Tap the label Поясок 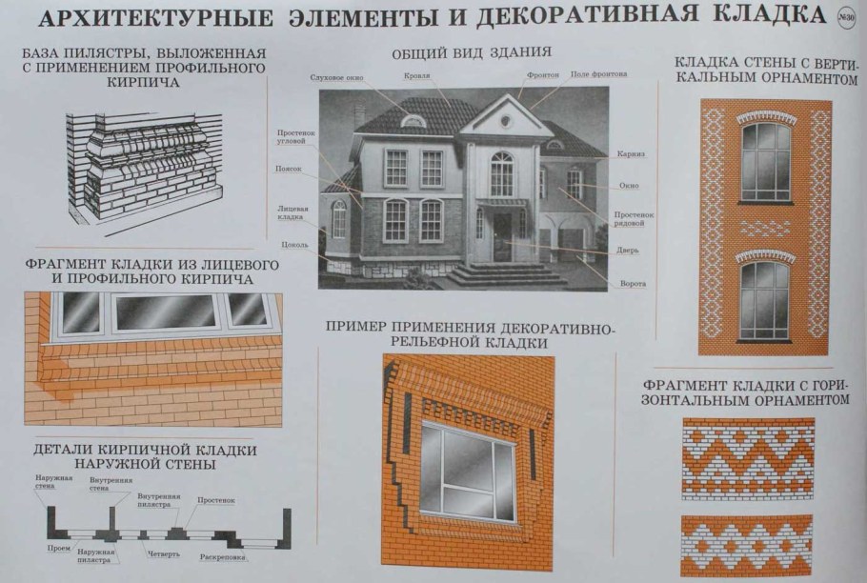pos(291,169)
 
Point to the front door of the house pos(502,236)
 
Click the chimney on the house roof pos(359,114)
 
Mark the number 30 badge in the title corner pos(845,16)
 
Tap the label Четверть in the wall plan pos(163,553)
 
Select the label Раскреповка pos(225,555)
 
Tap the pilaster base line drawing pos(143,170)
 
